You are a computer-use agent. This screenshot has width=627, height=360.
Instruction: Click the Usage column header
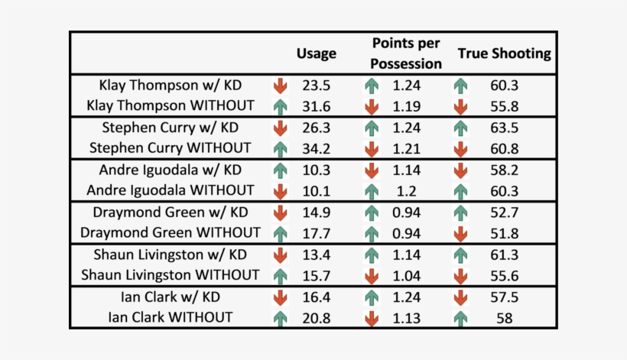pyautogui.click(x=316, y=54)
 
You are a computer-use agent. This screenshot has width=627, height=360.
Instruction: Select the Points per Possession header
pyautogui.click(x=407, y=54)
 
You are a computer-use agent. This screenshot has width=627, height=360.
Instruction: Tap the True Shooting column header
pyautogui.click(x=504, y=54)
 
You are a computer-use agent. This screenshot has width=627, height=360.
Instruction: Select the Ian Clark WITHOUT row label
pyautogui.click(x=171, y=316)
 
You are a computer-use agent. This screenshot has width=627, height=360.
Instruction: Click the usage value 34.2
pyautogui.click(x=316, y=148)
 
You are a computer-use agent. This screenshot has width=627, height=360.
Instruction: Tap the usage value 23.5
pyautogui.click(x=316, y=86)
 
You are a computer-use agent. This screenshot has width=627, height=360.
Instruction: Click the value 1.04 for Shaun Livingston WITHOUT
pyautogui.click(x=407, y=274)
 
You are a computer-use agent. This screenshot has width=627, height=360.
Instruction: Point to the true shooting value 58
pyautogui.click(x=504, y=316)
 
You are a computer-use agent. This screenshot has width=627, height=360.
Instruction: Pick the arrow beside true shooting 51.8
pyautogui.click(x=460, y=232)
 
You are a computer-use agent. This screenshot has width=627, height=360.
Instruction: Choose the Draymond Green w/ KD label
pyautogui.click(x=171, y=212)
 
